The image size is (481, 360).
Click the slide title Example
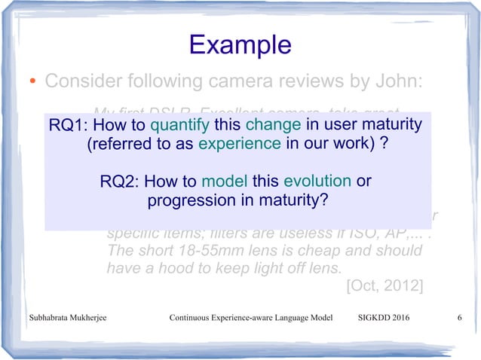pos(240,44)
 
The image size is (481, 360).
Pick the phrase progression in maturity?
pos(237,201)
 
